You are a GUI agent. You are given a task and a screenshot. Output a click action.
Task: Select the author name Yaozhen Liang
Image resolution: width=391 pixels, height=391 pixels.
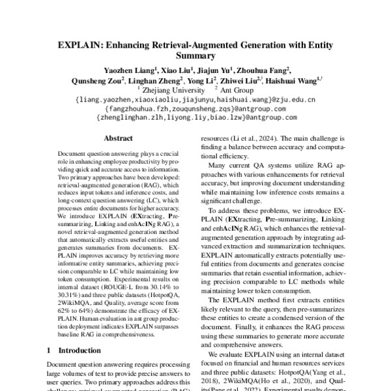127,70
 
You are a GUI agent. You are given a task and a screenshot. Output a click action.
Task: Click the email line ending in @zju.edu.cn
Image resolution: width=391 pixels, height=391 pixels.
195,100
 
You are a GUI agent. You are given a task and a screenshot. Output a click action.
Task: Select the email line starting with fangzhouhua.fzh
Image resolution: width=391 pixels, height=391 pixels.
195,109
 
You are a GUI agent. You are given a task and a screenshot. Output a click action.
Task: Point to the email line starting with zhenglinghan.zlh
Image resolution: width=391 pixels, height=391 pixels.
195,118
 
